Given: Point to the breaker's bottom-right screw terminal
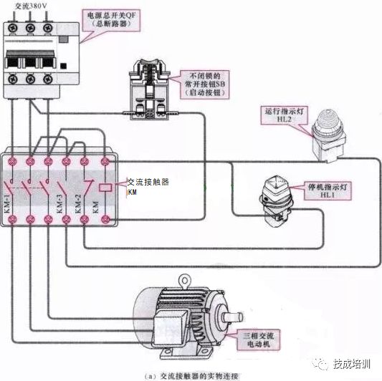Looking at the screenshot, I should [x=49, y=87].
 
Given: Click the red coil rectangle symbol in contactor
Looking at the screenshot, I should [x=106, y=187].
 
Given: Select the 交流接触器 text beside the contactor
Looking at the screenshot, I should [x=148, y=182].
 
